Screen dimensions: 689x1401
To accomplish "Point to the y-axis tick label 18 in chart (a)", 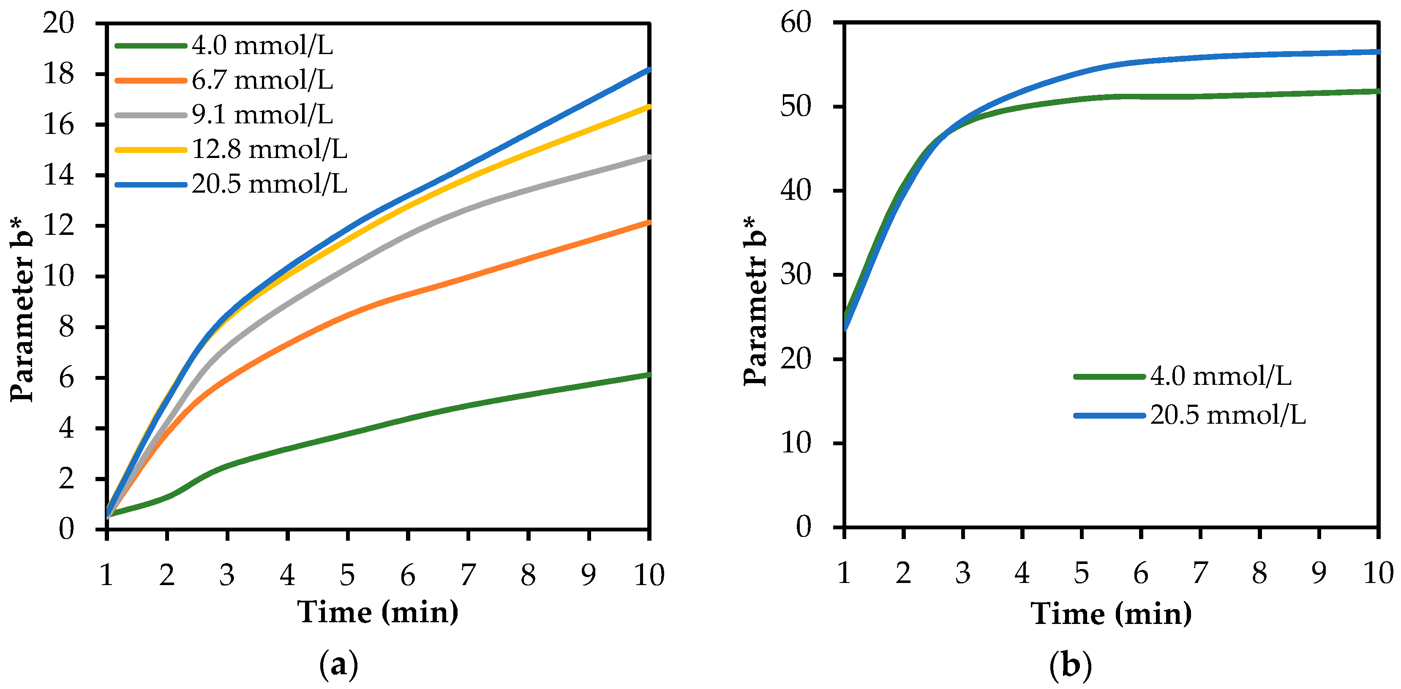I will (x=58, y=74).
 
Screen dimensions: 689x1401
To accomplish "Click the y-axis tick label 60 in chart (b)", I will (x=795, y=23).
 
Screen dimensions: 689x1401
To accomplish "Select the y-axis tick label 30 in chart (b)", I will (x=795, y=275).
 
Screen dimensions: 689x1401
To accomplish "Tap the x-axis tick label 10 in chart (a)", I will (x=649, y=575).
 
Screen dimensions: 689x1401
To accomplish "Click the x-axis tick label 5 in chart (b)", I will (x=1081, y=573).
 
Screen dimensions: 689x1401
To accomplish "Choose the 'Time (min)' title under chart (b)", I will (x=1111, y=613).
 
